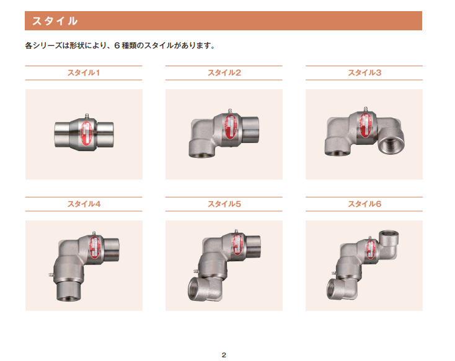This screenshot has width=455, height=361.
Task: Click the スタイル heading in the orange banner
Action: [x=55, y=21]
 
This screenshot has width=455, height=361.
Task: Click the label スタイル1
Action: [x=84, y=73]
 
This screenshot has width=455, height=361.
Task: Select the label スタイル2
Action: [x=224, y=73]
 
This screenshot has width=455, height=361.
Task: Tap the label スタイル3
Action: [x=364, y=73]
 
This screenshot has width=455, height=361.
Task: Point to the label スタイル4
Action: [x=84, y=204]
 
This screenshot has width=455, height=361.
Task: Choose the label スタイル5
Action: [x=224, y=204]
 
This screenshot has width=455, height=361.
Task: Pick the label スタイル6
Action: [x=364, y=204]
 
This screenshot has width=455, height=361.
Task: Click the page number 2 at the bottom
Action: [x=224, y=354]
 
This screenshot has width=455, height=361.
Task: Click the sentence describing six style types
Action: [x=120, y=46]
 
